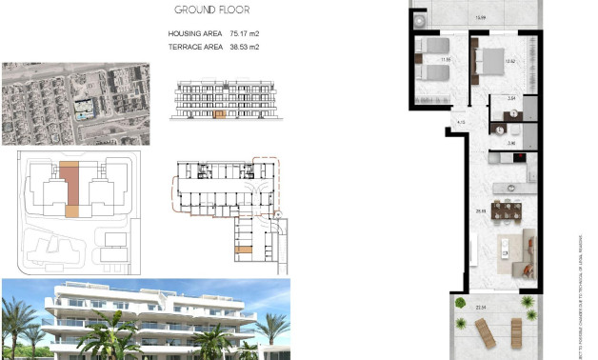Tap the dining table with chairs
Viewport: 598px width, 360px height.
pyautogui.click(x=511, y=211)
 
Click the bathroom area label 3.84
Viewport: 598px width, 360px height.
pyautogui.click(x=510, y=98)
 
